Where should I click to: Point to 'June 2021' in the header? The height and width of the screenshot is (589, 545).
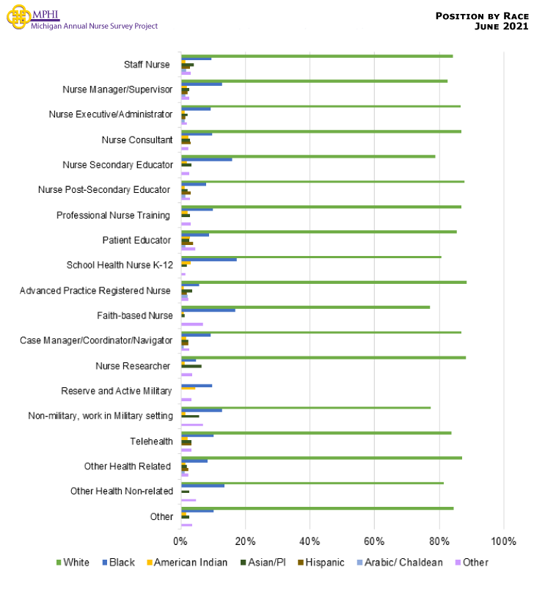pyautogui.click(x=502, y=26)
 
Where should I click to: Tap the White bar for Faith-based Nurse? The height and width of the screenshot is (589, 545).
pyautogui.click(x=305, y=307)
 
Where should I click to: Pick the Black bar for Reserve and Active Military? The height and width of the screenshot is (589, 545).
pyautogui.click(x=197, y=385)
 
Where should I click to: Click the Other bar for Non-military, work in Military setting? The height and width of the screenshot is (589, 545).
pyautogui.click(x=192, y=425)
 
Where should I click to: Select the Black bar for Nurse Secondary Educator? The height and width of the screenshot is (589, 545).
pyautogui.click(x=207, y=159)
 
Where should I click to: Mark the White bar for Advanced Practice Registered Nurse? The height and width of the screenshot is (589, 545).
pyautogui.click(x=323, y=282)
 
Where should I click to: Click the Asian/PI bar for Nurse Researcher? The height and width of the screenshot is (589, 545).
pyautogui.click(x=191, y=366)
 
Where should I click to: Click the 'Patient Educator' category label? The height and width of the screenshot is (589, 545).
pyautogui.click(x=136, y=241)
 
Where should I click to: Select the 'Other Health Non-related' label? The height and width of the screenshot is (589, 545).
pyautogui.click(x=122, y=491)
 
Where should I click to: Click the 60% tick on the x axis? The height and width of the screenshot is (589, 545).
pyautogui.click(x=374, y=541)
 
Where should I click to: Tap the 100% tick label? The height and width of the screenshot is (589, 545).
pyautogui.click(x=503, y=541)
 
